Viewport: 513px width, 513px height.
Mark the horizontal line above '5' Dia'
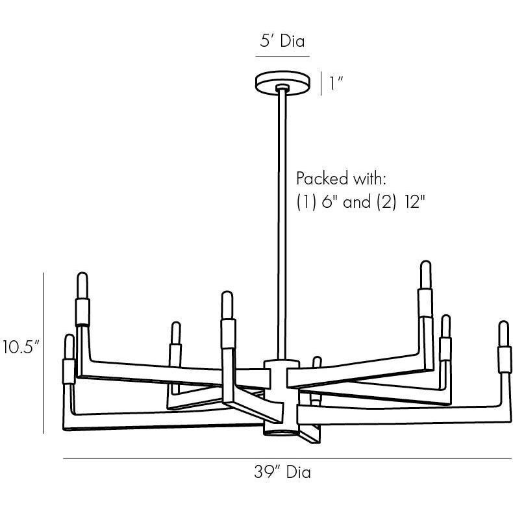pyautogui.click(x=282, y=57)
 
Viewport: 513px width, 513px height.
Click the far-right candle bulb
pyautogui.click(x=504, y=334)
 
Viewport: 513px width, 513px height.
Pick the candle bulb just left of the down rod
pyautogui.click(x=227, y=305)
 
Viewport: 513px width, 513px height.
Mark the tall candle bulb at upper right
pyautogui.click(x=425, y=275)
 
